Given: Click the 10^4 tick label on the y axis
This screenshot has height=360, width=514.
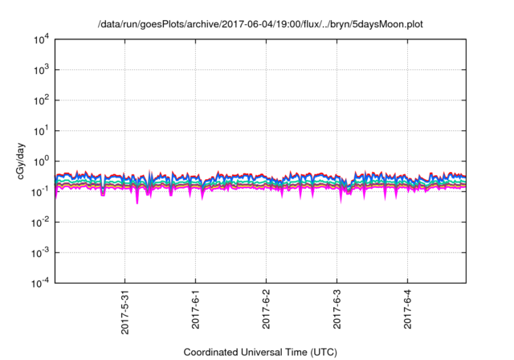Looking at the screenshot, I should point(40,39).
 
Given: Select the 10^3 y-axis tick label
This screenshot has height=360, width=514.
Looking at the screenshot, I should point(40,69).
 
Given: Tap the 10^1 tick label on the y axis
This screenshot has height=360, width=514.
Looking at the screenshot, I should point(40,130).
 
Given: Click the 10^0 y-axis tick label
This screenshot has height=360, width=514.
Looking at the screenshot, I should point(40,161).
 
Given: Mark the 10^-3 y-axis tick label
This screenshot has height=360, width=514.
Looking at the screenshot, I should point(39,252).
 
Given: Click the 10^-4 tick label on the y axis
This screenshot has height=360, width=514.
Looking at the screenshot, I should point(39,283).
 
